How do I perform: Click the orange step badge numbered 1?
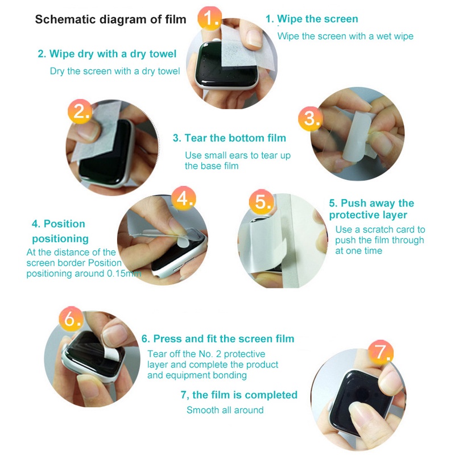click(x=209, y=18)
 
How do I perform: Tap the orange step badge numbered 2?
click(x=80, y=111)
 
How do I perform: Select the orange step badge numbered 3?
click(x=310, y=118)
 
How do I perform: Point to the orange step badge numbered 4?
click(x=183, y=198)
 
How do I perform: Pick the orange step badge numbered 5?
click(x=262, y=202)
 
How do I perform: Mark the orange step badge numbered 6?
click(x=71, y=318)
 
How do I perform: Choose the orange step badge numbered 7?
click(x=380, y=352)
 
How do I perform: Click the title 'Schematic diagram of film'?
click(x=110, y=19)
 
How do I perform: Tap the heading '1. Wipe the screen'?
click(x=312, y=19)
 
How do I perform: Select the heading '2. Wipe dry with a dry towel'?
click(x=107, y=54)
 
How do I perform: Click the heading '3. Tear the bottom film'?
click(x=230, y=138)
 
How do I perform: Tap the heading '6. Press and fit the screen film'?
click(x=218, y=338)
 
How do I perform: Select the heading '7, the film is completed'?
click(x=239, y=395)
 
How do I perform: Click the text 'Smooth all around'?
click(x=225, y=410)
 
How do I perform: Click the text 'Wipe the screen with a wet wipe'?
click(x=345, y=36)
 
